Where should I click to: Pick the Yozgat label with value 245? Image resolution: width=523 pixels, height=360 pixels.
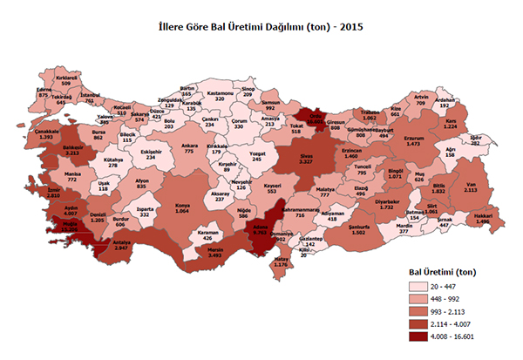point(257,155)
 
